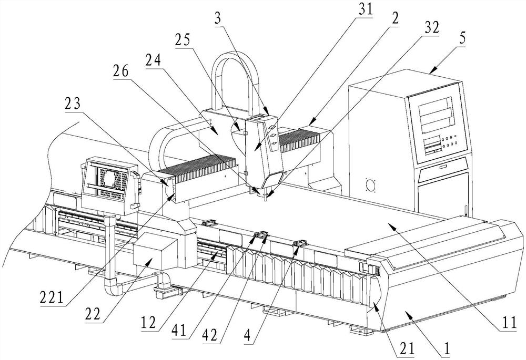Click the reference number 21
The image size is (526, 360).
tap(404, 347)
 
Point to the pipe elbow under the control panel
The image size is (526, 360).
tap(113, 287)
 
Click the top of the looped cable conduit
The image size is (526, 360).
tap(235, 53)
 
